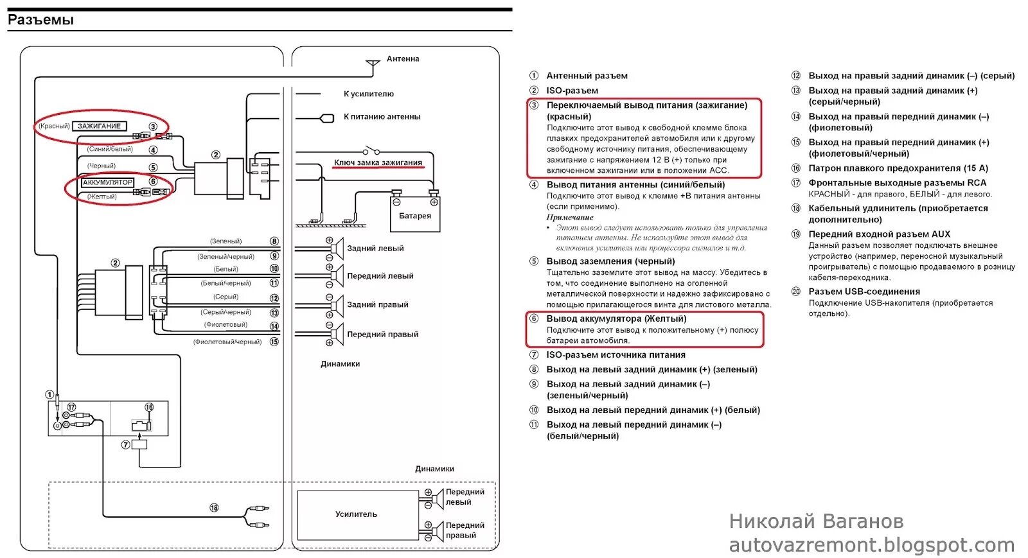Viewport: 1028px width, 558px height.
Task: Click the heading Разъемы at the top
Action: [x=40, y=20]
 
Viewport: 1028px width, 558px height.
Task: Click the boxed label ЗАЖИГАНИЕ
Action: [x=99, y=126]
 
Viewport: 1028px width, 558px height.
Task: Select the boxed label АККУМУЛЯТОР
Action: [x=107, y=182]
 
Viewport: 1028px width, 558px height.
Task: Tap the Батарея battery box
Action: [x=414, y=216]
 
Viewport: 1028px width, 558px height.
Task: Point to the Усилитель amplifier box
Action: [x=356, y=514]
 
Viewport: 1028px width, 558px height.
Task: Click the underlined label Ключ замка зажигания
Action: [x=378, y=162]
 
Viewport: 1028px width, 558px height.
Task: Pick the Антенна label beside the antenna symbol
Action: [x=403, y=59]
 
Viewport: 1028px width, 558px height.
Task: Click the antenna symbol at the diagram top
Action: [x=373, y=65]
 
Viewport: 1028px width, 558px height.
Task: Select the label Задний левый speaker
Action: [x=375, y=248]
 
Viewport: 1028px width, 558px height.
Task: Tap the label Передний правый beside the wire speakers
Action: [x=382, y=335]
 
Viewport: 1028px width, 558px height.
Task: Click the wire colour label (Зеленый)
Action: [x=226, y=241]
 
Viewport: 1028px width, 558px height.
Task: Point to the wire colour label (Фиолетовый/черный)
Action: [x=227, y=342]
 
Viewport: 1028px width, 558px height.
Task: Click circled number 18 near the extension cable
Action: [x=214, y=508]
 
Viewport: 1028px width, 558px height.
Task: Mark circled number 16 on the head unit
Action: [x=149, y=407]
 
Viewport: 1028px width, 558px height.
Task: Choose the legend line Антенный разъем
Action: [x=587, y=76]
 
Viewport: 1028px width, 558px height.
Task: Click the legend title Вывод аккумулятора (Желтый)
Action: [x=616, y=318]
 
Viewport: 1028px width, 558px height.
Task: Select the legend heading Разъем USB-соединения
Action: [x=864, y=292]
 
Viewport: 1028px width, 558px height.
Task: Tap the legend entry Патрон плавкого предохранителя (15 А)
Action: [x=898, y=168]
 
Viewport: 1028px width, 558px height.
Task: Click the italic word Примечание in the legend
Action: [x=570, y=217]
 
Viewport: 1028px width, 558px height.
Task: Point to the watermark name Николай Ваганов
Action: [x=816, y=521]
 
